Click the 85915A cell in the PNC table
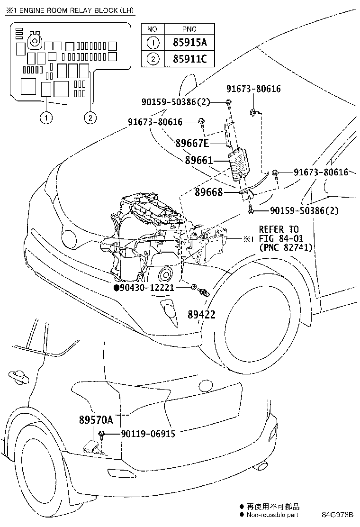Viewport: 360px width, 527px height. point(189,42)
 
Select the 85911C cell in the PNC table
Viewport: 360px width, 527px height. point(189,59)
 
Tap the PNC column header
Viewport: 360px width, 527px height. point(189,29)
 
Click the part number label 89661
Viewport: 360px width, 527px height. point(199,160)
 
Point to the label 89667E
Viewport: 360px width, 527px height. point(192,143)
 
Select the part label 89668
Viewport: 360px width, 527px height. point(208,192)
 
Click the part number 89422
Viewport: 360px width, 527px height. point(201,315)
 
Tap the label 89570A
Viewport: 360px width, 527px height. point(96,419)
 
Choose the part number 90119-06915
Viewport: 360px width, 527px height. point(148,434)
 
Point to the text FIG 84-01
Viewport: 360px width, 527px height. point(281,239)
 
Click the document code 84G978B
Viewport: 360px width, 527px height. point(337,515)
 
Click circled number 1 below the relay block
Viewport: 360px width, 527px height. point(46,118)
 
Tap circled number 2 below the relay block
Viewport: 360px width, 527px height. point(90,118)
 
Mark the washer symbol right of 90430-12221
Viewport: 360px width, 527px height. point(193,287)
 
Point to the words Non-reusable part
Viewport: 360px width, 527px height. point(272,515)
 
